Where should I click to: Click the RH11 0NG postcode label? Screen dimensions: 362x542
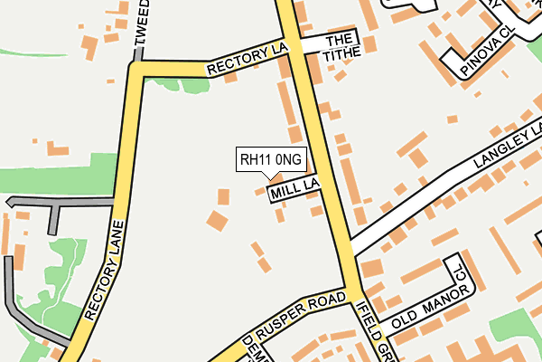(x=271, y=160)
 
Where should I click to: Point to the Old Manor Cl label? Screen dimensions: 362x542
(x=426, y=301)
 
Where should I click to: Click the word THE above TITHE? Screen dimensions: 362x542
(x=338, y=41)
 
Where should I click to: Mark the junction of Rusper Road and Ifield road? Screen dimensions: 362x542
(x=350, y=293)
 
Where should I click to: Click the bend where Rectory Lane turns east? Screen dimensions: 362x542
(x=137, y=69)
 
